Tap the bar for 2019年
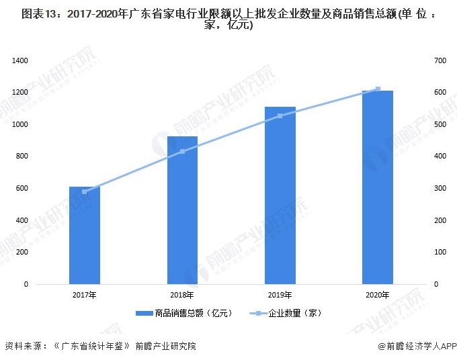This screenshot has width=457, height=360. coord(280,195)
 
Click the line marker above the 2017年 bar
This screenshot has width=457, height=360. coord(85,192)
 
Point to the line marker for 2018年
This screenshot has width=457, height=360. coord(182,152)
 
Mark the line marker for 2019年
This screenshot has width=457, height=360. coord(280,116)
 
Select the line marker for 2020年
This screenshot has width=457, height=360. coord(378,89)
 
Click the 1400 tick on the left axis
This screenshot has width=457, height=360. coord(19,61)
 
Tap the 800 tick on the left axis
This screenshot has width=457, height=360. coord(22,156)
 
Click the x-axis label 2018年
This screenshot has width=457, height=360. coord(182,296)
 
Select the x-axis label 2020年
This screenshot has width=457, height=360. coord(377,296)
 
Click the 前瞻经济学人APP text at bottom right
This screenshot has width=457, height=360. coord(420,347)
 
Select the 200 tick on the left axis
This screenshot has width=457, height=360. coord(22,253)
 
